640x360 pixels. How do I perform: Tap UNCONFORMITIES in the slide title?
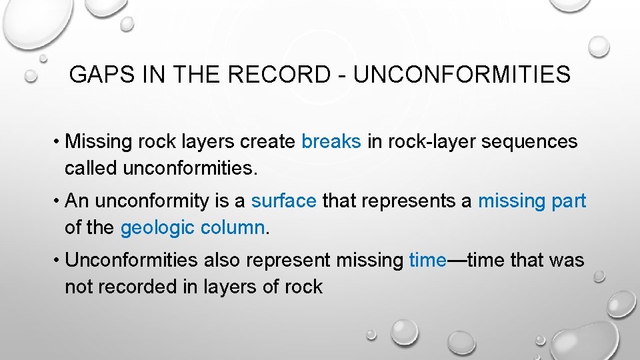(x=462, y=75)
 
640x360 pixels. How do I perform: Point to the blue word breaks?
(x=331, y=142)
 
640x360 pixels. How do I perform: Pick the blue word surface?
(x=283, y=201)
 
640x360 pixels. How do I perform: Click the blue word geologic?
(x=157, y=227)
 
